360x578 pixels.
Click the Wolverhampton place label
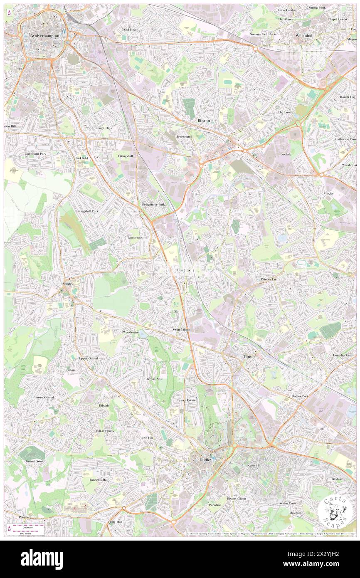(x=45, y=36)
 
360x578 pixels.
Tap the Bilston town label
(x=204, y=120)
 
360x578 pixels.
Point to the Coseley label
(x=184, y=270)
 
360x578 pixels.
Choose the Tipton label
(x=249, y=356)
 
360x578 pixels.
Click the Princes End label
(x=269, y=279)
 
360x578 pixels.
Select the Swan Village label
(x=181, y=329)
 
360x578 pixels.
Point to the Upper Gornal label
(x=89, y=358)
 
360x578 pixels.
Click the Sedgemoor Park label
(x=153, y=205)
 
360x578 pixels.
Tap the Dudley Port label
(x=300, y=396)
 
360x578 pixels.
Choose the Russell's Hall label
(x=88, y=479)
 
